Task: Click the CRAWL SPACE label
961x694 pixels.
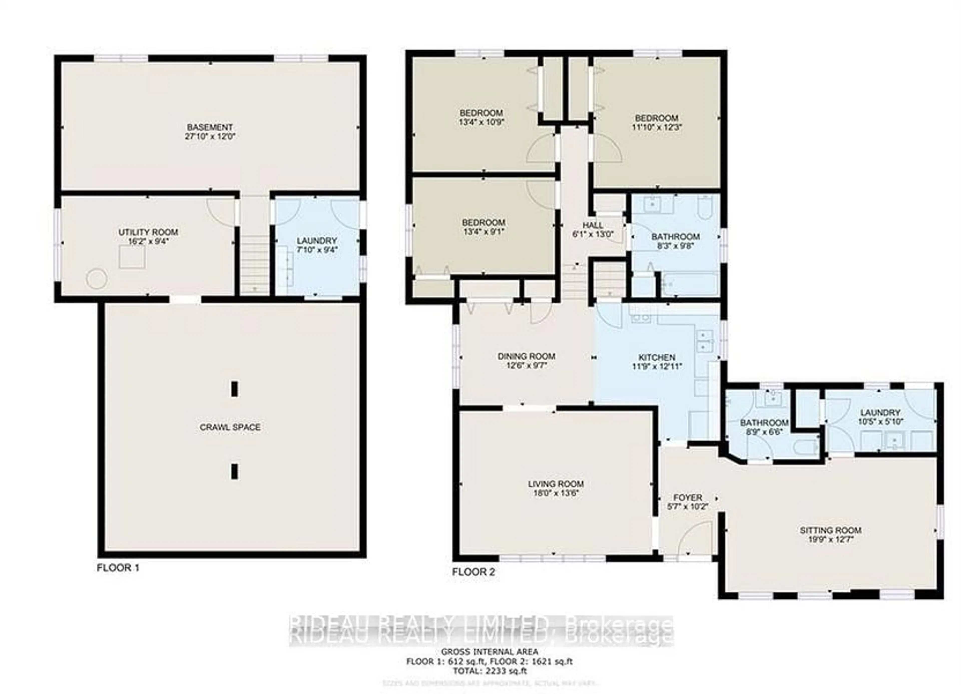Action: [x=230, y=427]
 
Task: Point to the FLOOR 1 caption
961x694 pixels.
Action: [x=118, y=568]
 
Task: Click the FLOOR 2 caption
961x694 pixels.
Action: [x=473, y=572]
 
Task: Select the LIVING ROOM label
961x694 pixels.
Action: [x=556, y=484]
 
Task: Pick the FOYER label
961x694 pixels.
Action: [x=688, y=497]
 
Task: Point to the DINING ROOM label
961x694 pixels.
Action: [x=526, y=356]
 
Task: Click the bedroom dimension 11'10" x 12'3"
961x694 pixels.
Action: [x=657, y=127]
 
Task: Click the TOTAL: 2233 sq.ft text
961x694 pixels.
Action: [x=490, y=671]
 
